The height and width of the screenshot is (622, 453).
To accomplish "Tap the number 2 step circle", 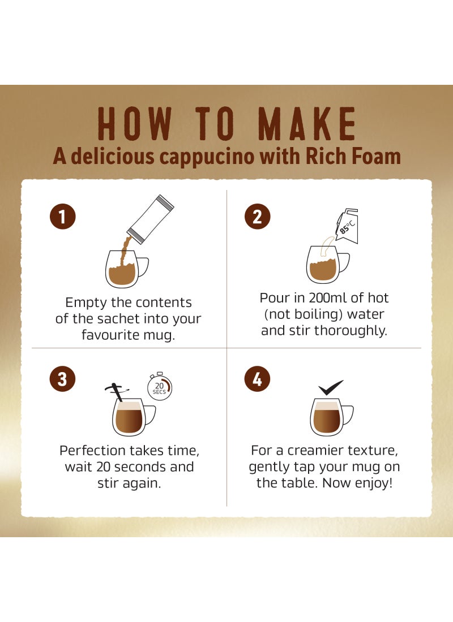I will pos(257,217).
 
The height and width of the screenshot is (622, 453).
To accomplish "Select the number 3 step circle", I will pos(62,379).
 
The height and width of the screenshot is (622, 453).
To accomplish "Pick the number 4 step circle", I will pos(257,379).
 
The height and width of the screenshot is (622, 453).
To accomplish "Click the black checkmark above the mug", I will pos(331,387).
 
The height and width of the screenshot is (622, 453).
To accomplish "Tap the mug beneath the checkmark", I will pos(328,417).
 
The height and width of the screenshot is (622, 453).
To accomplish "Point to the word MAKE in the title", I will pos(309,123).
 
